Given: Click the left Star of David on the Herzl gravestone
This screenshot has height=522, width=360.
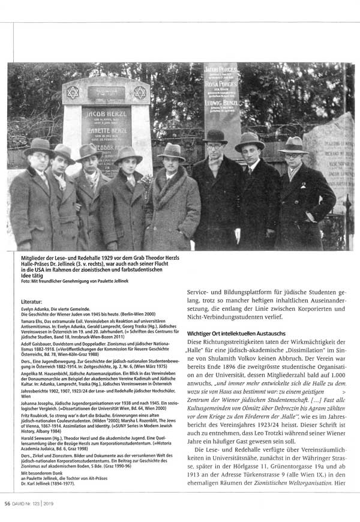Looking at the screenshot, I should coord(73,92).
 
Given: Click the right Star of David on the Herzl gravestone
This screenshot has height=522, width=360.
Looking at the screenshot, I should coord(139,92).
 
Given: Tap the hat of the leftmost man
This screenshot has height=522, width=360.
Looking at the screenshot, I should coord(38,146).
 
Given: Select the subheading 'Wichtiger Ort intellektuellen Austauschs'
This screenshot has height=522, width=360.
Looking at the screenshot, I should coord(235,332).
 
